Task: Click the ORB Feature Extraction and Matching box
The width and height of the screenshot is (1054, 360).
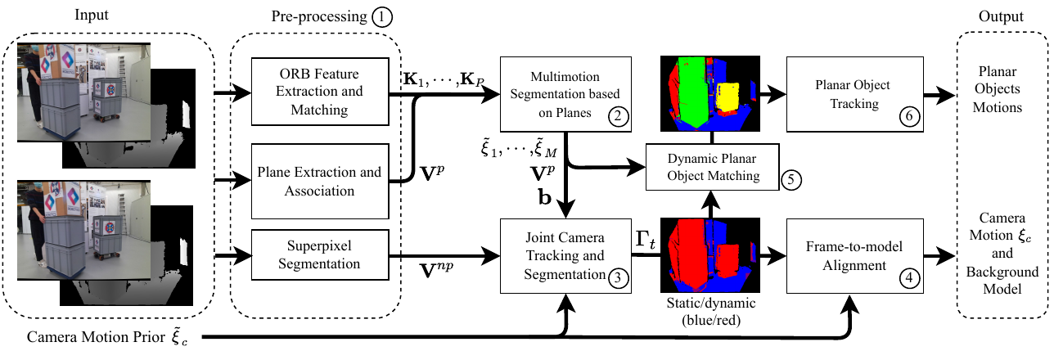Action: tap(320, 92)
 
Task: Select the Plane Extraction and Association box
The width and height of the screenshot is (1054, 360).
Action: tap(320, 181)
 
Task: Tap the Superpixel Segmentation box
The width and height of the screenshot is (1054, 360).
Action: tap(320, 254)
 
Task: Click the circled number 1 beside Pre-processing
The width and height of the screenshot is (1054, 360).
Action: tap(381, 17)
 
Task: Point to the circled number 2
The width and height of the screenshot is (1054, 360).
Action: tap(618, 116)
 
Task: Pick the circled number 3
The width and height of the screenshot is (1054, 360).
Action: tap(618, 278)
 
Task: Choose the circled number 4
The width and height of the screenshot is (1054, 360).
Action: tap(909, 278)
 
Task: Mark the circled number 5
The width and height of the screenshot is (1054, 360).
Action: tap(791, 180)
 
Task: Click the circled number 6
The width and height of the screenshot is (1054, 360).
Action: tap(909, 116)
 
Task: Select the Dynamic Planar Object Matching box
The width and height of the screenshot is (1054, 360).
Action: tap(713, 167)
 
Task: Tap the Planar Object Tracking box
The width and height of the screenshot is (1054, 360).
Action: tap(854, 94)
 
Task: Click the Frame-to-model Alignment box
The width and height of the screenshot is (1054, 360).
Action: tap(854, 256)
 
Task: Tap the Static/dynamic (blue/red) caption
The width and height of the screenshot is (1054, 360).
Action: tap(711, 312)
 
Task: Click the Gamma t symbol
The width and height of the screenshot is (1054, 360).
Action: tap(645, 240)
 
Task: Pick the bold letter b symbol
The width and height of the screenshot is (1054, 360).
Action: tap(545, 197)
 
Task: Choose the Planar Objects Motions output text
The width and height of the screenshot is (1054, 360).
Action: tap(997, 89)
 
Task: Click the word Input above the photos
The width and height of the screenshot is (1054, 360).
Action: tap(92, 15)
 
